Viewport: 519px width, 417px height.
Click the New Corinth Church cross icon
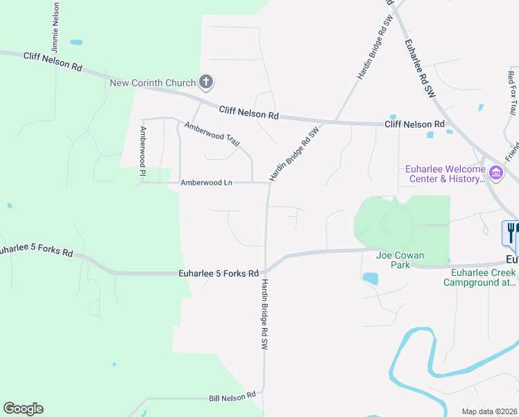(x=205, y=83)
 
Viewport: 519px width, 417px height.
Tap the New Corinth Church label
(x=153, y=83)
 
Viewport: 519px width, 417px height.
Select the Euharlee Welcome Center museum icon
(x=496, y=173)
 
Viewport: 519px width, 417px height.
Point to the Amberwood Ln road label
(x=205, y=183)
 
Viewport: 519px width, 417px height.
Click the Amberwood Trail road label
(x=212, y=134)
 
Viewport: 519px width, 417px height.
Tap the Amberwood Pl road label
(x=144, y=146)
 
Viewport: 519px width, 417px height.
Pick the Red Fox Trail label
(x=512, y=93)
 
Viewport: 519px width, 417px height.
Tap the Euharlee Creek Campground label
(x=479, y=278)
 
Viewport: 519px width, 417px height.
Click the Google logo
(x=23, y=409)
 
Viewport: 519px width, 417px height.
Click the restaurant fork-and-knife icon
(x=512, y=231)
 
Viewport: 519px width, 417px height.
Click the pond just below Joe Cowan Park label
(x=371, y=279)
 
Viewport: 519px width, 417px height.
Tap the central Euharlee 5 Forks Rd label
(x=219, y=273)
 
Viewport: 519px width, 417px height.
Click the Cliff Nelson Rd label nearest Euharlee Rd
(x=414, y=124)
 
